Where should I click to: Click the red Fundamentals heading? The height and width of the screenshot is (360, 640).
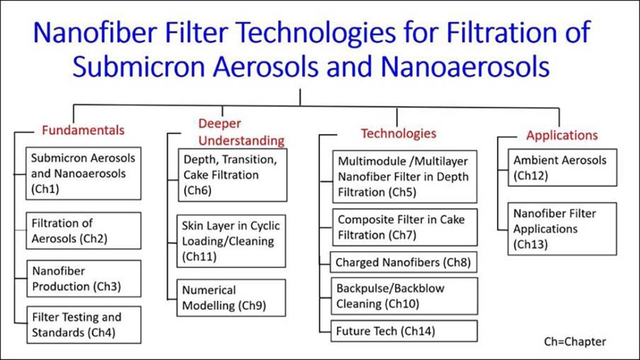[x=83, y=130]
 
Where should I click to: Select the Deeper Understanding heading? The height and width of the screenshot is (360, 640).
[x=241, y=132]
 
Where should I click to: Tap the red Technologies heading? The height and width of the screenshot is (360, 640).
[x=398, y=134]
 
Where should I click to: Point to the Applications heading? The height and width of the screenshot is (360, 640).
[x=562, y=135]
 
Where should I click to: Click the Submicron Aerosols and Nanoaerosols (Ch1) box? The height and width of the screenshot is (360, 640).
[x=83, y=174]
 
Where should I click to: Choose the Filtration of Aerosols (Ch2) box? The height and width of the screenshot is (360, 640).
[x=83, y=231]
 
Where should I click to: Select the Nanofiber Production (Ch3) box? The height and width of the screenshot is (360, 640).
[x=84, y=279]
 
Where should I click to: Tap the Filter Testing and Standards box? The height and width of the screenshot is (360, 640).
[x=84, y=325]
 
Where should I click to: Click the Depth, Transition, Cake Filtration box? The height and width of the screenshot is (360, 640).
[x=232, y=175]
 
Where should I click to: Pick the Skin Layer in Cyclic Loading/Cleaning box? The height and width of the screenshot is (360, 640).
[x=231, y=241]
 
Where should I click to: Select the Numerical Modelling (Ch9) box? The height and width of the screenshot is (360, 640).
[x=231, y=298]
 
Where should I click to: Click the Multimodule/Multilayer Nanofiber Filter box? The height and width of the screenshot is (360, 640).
[x=405, y=177]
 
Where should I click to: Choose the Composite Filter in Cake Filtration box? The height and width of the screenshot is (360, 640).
[x=405, y=227]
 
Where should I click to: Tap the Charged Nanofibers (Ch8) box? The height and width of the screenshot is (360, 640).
[x=404, y=262]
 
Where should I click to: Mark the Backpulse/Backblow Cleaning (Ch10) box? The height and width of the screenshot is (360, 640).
[x=404, y=296]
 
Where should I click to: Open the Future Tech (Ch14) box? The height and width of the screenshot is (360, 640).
[x=404, y=331]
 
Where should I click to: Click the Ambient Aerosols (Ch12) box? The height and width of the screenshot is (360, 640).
[x=562, y=167]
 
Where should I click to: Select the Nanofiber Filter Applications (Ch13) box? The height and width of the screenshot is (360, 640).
[x=562, y=229]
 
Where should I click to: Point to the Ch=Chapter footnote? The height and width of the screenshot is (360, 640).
[x=575, y=342]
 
